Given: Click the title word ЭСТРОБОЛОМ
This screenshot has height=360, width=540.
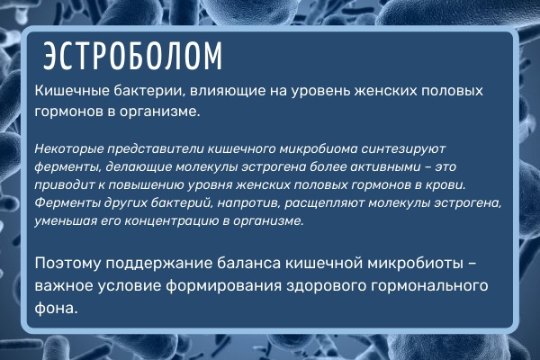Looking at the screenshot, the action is point(132,56).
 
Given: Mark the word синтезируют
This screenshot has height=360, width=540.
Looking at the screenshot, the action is point(403,149).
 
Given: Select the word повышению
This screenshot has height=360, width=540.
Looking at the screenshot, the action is point(147,185).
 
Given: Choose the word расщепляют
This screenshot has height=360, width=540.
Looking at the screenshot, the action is point(325,202).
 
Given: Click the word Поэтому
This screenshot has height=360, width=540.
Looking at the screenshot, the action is point(67,264).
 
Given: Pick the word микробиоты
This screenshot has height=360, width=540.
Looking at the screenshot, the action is point(416,264).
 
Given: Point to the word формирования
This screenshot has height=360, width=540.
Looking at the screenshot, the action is point(224,286).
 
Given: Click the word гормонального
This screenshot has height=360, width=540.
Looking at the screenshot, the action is point(425,286).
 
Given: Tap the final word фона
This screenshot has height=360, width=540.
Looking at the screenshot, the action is point(56,309).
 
